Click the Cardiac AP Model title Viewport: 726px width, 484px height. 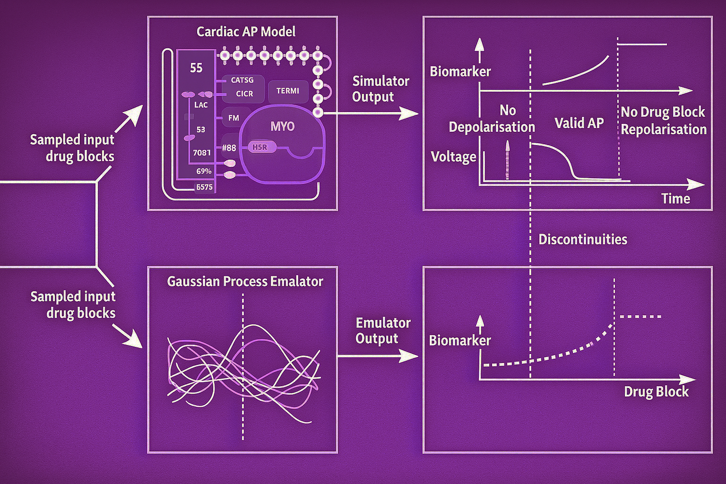246,32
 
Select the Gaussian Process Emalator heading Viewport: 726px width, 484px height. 245,282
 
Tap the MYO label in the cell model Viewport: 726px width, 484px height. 282,127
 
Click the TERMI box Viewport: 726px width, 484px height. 288,91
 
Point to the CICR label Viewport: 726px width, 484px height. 244,94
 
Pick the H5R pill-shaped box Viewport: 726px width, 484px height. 259,147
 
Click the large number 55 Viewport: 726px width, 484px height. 196,68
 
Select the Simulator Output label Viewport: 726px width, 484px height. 380,89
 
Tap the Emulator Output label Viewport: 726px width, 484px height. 383,330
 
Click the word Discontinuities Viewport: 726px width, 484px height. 583,240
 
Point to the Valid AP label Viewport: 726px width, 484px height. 579,123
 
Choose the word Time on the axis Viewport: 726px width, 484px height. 675,199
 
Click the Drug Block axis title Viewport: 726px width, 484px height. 656,392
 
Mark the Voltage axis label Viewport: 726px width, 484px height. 453,157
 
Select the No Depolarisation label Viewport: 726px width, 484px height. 492,119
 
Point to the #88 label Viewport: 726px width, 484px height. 229,148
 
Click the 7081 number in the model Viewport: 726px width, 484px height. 202,153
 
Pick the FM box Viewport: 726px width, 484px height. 233,118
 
